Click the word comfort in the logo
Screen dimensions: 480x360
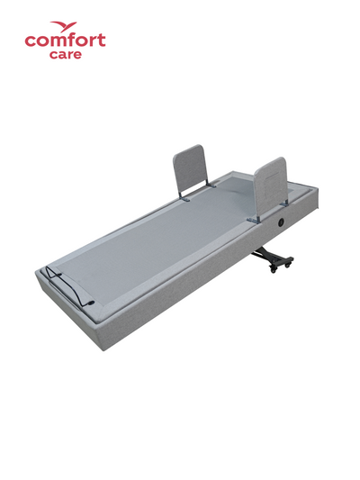pyautogui.click(x=65, y=41)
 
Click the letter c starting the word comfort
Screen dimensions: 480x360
pyautogui.click(x=30, y=41)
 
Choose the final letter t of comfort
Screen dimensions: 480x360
pyautogui.click(x=101, y=41)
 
